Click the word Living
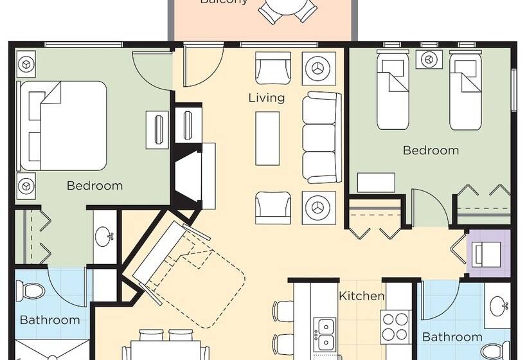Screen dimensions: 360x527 point(267,98)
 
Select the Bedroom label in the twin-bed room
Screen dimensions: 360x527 point(431,150)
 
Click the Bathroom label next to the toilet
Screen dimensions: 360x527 point(49,319)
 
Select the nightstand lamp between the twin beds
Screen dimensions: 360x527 point(428,59)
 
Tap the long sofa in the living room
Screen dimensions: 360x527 point(321,138)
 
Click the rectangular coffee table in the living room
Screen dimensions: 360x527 point(267,139)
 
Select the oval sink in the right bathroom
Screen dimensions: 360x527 point(499,306)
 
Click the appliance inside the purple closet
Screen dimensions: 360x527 point(487,253)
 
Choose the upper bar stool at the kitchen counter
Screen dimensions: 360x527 point(283,310)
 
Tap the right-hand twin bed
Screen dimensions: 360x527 point(465,90)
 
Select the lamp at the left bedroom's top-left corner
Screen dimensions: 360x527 point(26,64)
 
